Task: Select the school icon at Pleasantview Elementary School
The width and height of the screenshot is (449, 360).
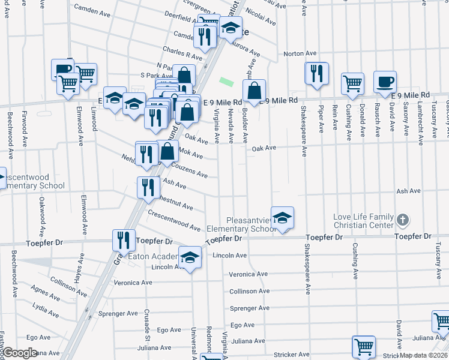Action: pyautogui.click(x=282, y=218)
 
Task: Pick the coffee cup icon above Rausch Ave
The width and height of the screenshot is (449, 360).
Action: pyautogui.click(x=385, y=82)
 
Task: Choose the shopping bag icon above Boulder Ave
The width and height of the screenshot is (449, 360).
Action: pyautogui.click(x=255, y=91)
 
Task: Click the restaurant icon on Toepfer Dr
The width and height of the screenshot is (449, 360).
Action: pyautogui.click(x=124, y=240)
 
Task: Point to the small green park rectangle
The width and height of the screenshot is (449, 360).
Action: pyautogui.click(x=226, y=82)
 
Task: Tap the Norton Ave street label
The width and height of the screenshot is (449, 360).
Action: pyautogui.click(x=300, y=53)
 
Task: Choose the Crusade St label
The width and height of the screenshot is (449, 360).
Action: pyautogui.click(x=146, y=323)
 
